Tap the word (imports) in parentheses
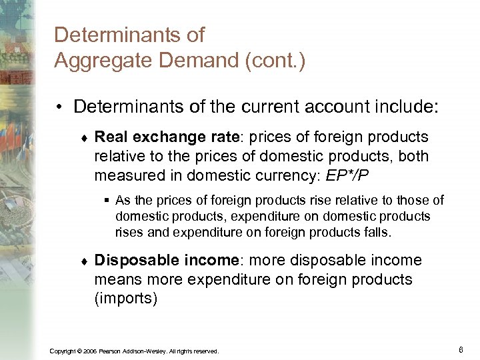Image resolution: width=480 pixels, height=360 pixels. point(126,299)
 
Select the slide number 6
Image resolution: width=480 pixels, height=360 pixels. point(461,349)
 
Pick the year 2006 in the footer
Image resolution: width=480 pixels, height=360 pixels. point(90,351)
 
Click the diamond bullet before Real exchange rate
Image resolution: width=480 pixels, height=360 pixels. point(81,139)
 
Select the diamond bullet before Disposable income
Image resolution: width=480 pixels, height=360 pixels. point(81,261)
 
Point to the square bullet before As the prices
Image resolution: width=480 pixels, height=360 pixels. point(107,200)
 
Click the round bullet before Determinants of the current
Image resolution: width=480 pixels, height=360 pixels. point(60,107)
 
